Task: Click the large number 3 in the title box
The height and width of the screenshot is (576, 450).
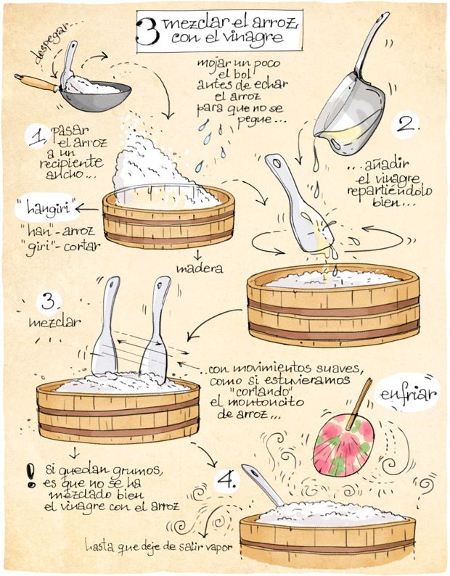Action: click(147, 32)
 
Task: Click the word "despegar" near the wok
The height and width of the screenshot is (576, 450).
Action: click(50, 43)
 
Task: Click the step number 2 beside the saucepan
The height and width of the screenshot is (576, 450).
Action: click(406, 126)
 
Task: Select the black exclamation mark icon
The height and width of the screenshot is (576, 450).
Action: click(31, 476)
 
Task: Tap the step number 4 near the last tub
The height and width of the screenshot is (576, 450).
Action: click(226, 480)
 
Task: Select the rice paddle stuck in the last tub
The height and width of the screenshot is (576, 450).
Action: click(263, 485)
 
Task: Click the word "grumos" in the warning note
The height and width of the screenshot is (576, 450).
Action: click(142, 471)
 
